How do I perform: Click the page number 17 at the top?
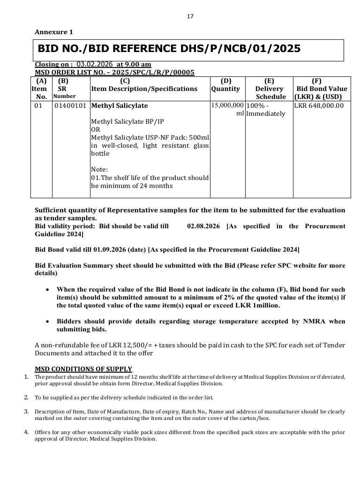click(x=190, y=16)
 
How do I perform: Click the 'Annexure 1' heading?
click(x=54, y=32)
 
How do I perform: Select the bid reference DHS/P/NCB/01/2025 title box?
click(x=188, y=49)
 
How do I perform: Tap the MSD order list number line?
click(x=114, y=72)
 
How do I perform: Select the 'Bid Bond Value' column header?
click(x=322, y=89)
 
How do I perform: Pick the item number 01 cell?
click(x=38, y=105)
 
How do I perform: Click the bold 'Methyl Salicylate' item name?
click(x=120, y=105)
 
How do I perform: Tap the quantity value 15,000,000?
click(x=227, y=105)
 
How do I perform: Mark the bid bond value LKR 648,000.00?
click(x=319, y=105)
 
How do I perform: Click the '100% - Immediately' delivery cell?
click(x=266, y=110)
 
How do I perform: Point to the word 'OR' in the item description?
click(x=95, y=129)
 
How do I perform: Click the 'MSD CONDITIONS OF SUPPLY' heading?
click(x=83, y=369)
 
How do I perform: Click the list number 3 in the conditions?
click(x=26, y=411)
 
